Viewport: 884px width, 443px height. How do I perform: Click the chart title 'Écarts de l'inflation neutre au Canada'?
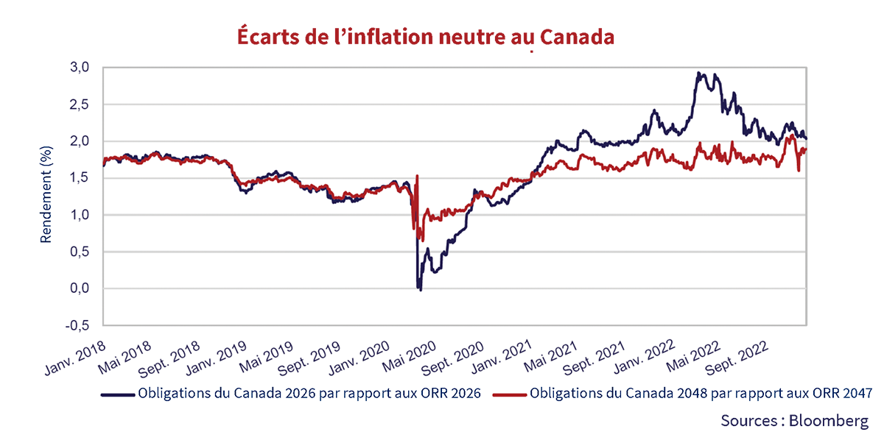tap(425, 36)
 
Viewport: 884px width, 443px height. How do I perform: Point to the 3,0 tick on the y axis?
tap(80, 68)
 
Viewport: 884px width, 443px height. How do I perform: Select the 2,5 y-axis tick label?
tap(80, 104)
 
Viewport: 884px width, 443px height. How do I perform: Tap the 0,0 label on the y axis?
tap(80, 288)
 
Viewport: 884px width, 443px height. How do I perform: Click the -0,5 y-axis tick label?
tap(77, 325)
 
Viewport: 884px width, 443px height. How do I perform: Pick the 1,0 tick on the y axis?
tap(80, 215)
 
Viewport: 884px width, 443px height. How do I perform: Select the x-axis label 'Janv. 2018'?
tap(75, 355)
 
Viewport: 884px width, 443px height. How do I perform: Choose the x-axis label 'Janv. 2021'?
tap(499, 355)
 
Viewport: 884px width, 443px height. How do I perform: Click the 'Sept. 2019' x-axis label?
tap(309, 355)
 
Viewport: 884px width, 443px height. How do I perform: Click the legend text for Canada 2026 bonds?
tap(309, 393)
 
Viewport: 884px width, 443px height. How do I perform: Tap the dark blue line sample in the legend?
tap(118, 394)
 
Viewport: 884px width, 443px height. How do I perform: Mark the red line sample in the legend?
tap(509, 394)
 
